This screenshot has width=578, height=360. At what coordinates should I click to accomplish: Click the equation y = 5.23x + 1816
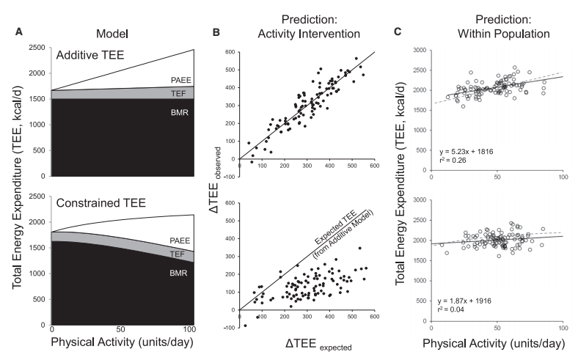(464, 153)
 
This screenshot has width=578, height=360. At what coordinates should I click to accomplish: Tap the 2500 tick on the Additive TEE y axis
(37, 48)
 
